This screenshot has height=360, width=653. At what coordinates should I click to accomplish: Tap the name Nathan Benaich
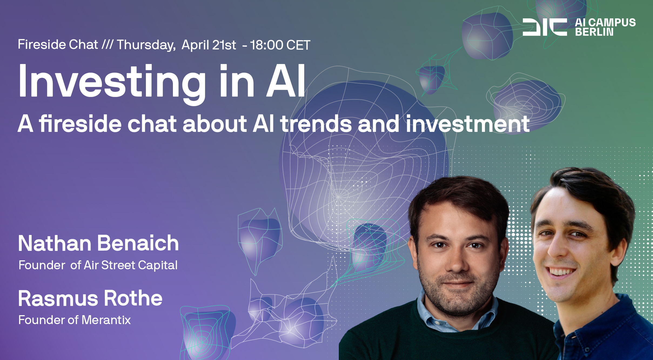click(x=99, y=243)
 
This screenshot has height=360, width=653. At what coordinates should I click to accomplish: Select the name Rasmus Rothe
click(x=90, y=298)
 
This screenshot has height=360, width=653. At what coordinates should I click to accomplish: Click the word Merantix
click(x=106, y=320)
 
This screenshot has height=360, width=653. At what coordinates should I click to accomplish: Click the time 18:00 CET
click(x=280, y=45)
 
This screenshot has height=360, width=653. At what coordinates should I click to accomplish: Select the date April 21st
click(x=209, y=45)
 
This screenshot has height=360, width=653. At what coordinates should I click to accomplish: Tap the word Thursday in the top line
click(x=146, y=45)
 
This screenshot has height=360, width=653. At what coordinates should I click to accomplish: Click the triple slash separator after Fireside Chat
click(x=108, y=45)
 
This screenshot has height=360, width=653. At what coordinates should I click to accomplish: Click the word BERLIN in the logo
click(x=594, y=32)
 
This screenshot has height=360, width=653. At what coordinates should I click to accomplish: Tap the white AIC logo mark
click(x=545, y=27)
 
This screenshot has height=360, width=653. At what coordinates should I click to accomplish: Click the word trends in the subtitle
click(x=316, y=124)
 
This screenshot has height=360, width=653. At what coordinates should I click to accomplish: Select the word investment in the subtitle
click(x=468, y=124)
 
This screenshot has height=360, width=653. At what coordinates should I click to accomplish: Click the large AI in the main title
click(x=286, y=81)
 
